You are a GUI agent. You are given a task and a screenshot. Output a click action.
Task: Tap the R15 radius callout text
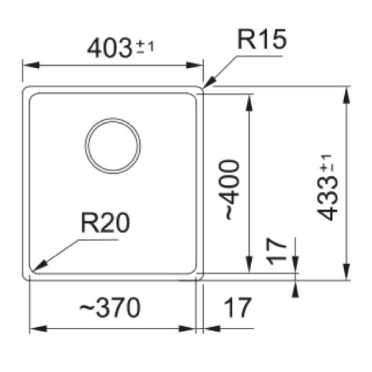coord(261,41)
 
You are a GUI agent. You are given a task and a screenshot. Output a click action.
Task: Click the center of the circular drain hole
coord(113,146)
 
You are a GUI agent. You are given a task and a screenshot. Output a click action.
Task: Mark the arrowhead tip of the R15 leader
coord(205,88)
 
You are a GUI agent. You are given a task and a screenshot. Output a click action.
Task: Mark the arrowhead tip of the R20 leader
coord(35,269)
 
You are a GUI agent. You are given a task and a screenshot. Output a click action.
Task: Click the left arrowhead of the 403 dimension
coord(26,66)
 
